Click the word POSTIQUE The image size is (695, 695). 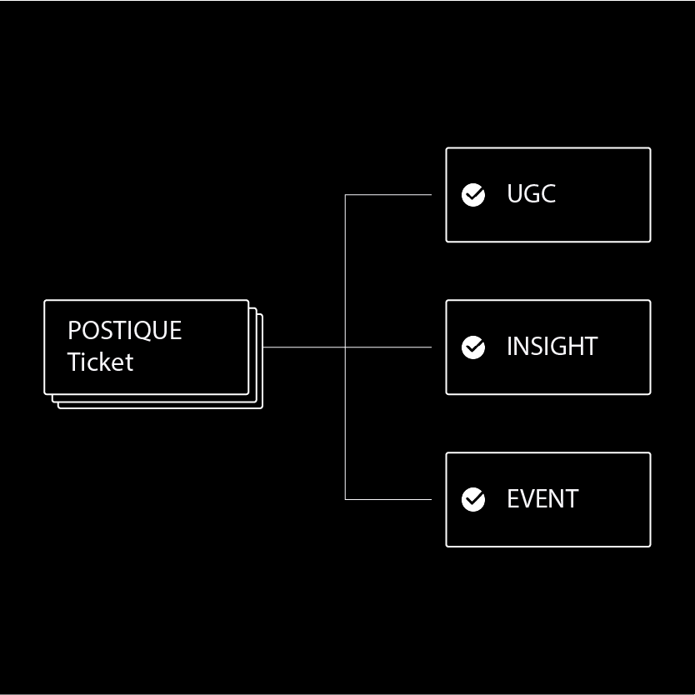[x=124, y=331]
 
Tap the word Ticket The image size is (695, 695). [x=100, y=362]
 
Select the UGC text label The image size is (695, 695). [x=531, y=194]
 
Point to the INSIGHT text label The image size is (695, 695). [x=552, y=347]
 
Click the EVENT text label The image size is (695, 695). [x=542, y=499]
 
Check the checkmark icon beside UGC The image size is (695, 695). [x=473, y=195]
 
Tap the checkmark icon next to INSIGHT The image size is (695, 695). [x=473, y=347]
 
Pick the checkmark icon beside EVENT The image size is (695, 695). [x=473, y=499]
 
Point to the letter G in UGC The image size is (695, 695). [x=531, y=194]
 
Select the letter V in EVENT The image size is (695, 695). [x=527, y=499]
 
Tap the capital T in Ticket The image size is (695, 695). [x=74, y=362]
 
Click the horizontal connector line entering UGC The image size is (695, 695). [x=388, y=195]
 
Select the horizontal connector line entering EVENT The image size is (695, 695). [x=388, y=499]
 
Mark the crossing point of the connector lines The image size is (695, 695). [x=345, y=347]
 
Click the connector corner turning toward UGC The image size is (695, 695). [x=345, y=195]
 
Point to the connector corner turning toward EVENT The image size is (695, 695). [x=345, y=499]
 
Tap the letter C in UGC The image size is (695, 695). [x=547, y=194]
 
